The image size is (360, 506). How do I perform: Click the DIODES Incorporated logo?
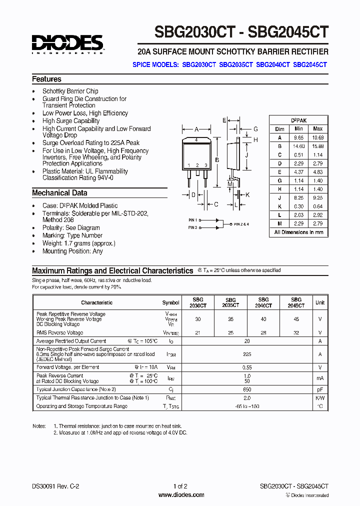[x=67, y=44]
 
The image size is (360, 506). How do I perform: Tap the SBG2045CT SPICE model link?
[x=310, y=64]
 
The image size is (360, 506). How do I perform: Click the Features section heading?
[x=46, y=79]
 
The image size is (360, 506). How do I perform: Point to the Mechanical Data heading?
[x=59, y=193]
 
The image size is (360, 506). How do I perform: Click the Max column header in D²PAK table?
[x=317, y=128]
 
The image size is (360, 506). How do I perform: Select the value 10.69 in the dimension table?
[x=317, y=137]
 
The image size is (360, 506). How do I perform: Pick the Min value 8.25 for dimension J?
[x=299, y=198]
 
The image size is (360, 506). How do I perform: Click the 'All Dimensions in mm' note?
[x=298, y=232]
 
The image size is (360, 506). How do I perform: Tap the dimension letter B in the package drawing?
[x=216, y=160]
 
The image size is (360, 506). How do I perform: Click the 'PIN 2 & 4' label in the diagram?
[x=240, y=224]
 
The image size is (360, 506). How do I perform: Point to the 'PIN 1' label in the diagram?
[x=193, y=220]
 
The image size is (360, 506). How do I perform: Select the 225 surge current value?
[x=246, y=353]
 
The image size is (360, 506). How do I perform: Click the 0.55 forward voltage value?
[x=246, y=367]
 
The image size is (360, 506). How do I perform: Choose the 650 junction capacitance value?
[x=246, y=389]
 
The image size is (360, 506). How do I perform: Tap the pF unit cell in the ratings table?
[x=320, y=389]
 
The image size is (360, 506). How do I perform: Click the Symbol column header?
[x=171, y=302]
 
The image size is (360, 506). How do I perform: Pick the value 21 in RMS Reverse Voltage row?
[x=198, y=332]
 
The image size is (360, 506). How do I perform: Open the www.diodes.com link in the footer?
[x=181, y=495]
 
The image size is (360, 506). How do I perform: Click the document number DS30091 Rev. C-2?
[x=55, y=486]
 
